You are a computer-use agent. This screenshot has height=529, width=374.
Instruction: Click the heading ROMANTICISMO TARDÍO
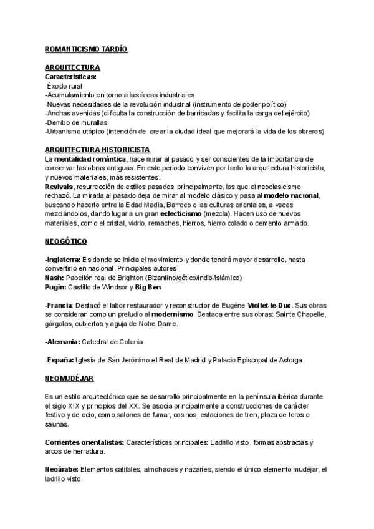click(86, 49)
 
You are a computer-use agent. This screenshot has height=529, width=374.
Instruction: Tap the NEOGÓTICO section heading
click(66, 241)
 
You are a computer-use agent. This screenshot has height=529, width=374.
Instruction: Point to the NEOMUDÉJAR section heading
click(69, 378)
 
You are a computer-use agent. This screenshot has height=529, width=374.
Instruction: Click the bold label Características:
click(70, 76)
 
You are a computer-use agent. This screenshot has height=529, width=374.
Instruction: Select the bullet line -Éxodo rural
click(64, 85)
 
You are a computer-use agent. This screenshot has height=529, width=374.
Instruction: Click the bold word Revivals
click(59, 187)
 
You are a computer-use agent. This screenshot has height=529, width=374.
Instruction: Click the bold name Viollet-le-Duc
click(278, 305)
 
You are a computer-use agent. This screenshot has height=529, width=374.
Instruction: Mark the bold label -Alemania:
click(62, 342)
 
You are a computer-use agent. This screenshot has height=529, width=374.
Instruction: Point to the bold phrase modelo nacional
click(292, 196)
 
